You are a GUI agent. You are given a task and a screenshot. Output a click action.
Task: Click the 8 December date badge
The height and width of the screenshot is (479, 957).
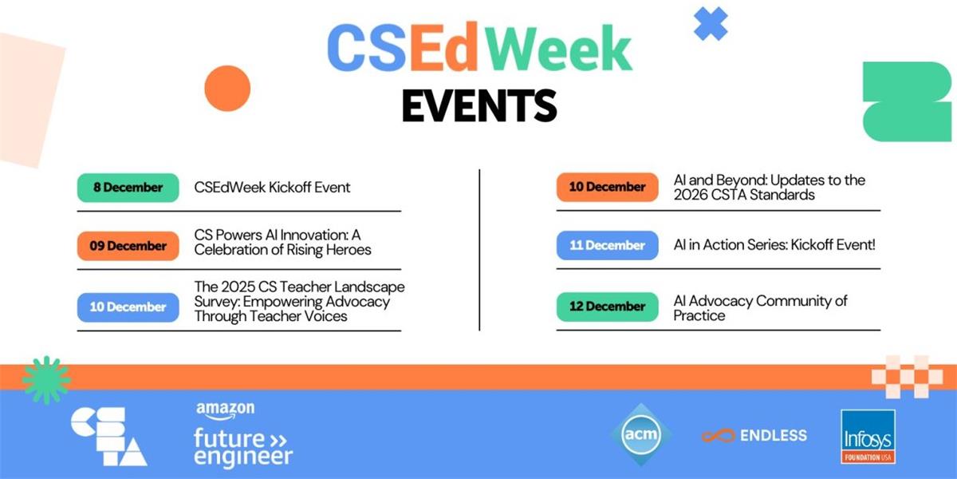[x=128, y=188]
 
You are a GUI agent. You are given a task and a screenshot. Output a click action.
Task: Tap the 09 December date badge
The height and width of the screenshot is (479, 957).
[x=128, y=246]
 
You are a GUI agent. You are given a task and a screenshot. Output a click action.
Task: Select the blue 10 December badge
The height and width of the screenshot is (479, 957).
[x=128, y=307]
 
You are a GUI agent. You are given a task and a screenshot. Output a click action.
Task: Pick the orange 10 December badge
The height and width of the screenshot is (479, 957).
[x=607, y=187]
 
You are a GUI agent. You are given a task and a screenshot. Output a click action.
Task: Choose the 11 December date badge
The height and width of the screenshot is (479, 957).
[x=607, y=245]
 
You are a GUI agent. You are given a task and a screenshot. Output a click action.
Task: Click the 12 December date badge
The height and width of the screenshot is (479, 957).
[x=607, y=307]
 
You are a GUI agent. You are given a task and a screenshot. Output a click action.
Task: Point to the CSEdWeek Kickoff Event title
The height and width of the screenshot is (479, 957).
[x=272, y=188]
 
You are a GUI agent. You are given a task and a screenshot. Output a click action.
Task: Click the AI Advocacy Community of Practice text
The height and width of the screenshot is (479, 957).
[x=760, y=308]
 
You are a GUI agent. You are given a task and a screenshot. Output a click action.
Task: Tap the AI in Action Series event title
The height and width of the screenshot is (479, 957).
[x=774, y=244]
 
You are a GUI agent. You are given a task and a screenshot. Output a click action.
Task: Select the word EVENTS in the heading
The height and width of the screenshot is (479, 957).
[x=479, y=105]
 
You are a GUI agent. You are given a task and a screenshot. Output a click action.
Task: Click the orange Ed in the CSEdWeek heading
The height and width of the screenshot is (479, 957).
[x=443, y=47]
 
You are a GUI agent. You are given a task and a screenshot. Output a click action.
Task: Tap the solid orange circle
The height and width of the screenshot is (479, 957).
[x=227, y=89]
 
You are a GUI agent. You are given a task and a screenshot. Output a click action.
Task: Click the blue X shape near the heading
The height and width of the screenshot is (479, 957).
[x=711, y=23]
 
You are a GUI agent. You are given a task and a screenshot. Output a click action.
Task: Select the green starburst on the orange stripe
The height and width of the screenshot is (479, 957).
[x=46, y=380]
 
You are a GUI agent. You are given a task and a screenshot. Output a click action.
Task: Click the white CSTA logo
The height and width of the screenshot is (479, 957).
[x=109, y=436]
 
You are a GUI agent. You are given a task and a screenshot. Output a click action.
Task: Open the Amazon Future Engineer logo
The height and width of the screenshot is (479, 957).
[x=242, y=434]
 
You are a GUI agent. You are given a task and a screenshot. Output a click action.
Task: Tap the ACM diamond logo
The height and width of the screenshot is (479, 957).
[x=641, y=434]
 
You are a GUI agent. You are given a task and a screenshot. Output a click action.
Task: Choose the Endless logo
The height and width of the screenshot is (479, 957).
[x=754, y=435]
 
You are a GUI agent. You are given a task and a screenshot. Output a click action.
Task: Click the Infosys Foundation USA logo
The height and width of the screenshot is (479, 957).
[x=868, y=436]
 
